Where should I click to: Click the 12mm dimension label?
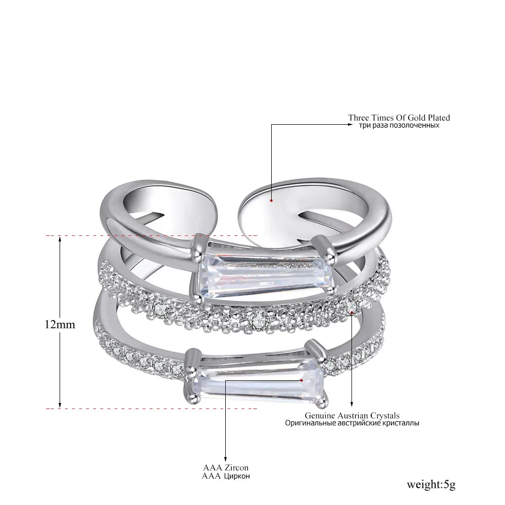pos(60,324)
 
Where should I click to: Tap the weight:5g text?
pos(431,484)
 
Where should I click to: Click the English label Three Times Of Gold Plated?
pos(399,118)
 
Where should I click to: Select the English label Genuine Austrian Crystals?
pos(352,416)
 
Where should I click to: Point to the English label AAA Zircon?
pos(226,467)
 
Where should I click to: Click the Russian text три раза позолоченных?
pos(399,125)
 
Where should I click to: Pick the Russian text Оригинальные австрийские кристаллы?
pos(352,423)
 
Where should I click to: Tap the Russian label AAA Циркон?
pos(226,476)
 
